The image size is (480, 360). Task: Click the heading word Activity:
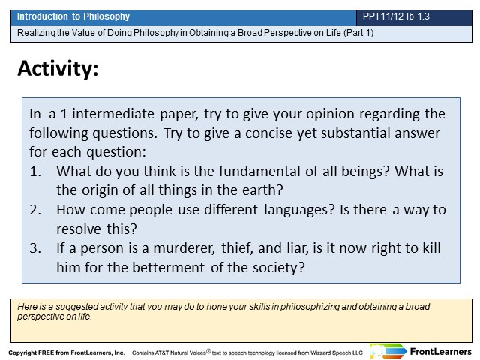[58, 68]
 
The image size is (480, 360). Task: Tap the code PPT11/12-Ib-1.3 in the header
[396, 16]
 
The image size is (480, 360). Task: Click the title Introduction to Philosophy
[73, 16]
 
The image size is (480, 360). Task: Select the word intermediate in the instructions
[113, 114]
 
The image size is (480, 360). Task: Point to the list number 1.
[35, 172]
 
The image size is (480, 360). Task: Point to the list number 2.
[35, 210]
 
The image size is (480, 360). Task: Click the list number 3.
[35, 248]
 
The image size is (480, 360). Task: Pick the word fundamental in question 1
[259, 172]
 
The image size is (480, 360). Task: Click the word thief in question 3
[237, 248]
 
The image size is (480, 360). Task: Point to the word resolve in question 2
[79, 229]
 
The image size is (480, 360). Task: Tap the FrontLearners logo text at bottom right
[441, 352]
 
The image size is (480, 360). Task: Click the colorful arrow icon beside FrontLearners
[388, 351]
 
